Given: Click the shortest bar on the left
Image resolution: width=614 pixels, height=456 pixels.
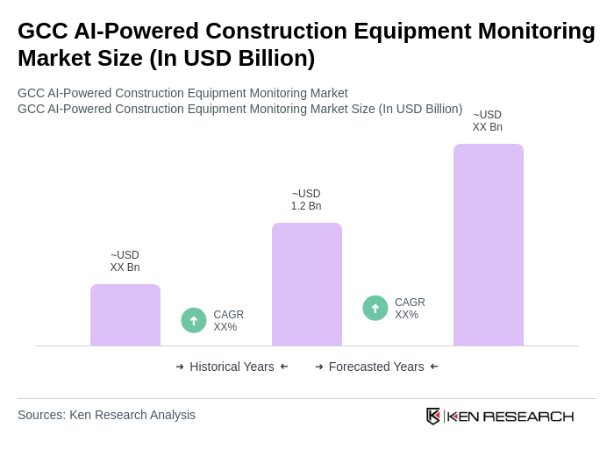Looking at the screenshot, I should [125, 315].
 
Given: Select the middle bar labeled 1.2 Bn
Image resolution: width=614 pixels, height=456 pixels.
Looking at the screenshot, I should [306, 284].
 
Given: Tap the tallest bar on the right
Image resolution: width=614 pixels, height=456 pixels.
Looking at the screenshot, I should [488, 245].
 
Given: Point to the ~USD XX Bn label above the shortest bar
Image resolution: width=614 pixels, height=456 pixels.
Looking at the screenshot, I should [125, 261].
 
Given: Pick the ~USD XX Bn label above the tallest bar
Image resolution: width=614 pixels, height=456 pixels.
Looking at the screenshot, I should [487, 121].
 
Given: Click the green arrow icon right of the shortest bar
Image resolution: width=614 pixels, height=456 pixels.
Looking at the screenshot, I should [194, 320].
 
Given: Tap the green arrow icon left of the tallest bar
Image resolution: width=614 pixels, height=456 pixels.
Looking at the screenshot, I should [375, 308].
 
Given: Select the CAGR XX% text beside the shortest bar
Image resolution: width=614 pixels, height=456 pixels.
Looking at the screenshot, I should [228, 321].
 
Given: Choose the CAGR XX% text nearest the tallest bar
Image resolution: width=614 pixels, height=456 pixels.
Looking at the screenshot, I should [410, 309].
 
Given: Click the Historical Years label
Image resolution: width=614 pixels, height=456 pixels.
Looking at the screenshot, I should [232, 367].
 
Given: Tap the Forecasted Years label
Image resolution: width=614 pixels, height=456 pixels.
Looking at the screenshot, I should [376, 367].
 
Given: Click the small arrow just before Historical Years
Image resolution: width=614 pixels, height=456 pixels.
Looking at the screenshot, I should [180, 367].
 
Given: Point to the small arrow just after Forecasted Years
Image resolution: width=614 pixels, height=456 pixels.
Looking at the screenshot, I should [434, 367].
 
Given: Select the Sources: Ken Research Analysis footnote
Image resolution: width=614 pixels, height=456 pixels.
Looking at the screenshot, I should [106, 415].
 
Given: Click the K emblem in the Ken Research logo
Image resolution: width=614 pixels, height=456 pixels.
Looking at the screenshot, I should [433, 416].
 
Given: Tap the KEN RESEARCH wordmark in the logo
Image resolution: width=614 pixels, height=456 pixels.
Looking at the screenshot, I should [510, 416].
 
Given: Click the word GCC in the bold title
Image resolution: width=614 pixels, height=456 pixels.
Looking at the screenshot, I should [42, 31].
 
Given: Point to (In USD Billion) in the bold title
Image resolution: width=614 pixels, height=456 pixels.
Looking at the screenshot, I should [232, 58].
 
